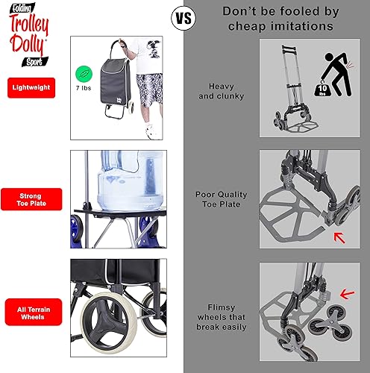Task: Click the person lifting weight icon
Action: point(340,75)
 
